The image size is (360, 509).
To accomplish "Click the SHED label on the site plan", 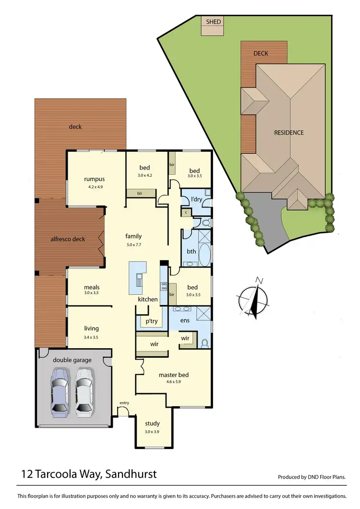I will pos(213,22).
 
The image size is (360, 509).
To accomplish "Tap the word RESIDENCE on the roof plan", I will pos(289,133).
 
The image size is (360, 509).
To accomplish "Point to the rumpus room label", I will pos(94,180).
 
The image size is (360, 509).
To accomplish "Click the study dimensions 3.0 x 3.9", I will pos(152,432).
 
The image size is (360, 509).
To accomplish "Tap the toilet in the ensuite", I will pos(205,342).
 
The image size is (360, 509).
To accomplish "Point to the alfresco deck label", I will pos(68,239).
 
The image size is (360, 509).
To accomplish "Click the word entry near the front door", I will pos(124,403).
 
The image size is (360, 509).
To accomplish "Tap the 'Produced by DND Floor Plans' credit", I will pos(312,477).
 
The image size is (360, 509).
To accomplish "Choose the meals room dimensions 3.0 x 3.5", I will pos(91,292).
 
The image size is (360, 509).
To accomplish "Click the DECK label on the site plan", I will pos(261,53).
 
